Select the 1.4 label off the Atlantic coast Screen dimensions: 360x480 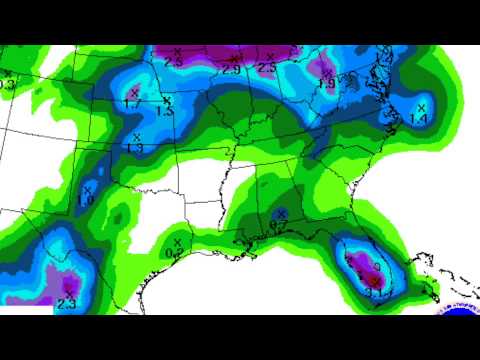click(419, 120)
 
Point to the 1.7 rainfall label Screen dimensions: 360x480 click(132, 103)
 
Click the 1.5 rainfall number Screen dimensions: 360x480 click(165, 112)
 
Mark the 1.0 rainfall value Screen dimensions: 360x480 click(86, 200)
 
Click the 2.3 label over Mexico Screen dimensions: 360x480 click(67, 303)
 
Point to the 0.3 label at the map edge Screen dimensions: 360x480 click(7, 85)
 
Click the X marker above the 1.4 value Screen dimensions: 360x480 click(421, 106)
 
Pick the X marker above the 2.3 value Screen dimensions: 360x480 click(69, 289)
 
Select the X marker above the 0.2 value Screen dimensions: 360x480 click(177, 242)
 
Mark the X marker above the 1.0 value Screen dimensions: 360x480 click(88, 188)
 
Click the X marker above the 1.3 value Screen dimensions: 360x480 click(136, 135)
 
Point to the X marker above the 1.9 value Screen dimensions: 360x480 click(326, 71)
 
